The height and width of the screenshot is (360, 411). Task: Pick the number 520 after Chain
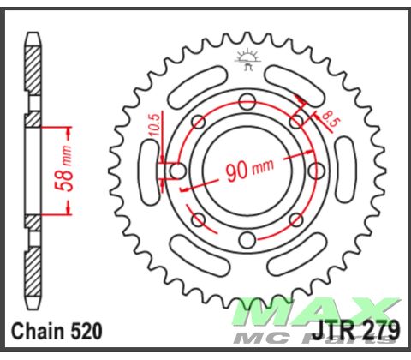pyautogui.click(x=85, y=331)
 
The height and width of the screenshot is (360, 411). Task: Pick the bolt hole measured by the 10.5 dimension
pyautogui.click(x=177, y=171)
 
